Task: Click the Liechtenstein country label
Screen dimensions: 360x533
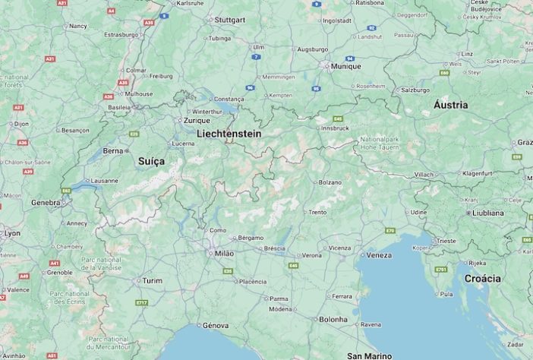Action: click(x=229, y=134)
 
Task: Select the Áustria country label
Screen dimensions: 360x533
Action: click(x=450, y=105)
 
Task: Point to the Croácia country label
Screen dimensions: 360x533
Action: click(x=483, y=279)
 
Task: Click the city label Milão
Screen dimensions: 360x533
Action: click(x=224, y=253)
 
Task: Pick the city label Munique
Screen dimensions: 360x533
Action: click(x=345, y=66)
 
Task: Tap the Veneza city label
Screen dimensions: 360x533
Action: click(x=379, y=255)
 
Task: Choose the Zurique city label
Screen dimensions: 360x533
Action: click(x=196, y=120)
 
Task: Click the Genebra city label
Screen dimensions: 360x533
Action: click(x=45, y=203)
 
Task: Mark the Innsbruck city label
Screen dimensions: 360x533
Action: click(x=335, y=128)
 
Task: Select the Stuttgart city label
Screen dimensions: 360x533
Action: click(x=229, y=20)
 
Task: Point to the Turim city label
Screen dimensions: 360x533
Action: click(x=153, y=280)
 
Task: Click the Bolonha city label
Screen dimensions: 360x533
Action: click(x=333, y=319)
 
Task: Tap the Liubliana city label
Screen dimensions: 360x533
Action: click(x=487, y=213)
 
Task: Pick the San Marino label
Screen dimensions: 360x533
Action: click(x=370, y=355)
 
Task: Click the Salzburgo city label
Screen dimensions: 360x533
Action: click(x=416, y=90)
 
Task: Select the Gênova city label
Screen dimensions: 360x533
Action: click(x=216, y=325)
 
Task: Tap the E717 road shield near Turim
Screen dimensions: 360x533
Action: click(x=141, y=302)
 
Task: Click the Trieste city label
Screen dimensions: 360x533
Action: click(x=446, y=241)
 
